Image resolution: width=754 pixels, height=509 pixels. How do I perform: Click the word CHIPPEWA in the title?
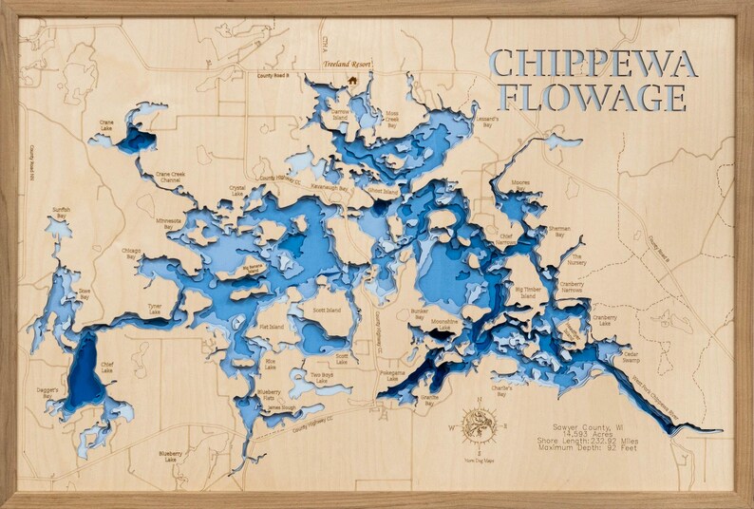(x=595, y=64)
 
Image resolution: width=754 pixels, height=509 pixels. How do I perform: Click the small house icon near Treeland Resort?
(x=353, y=81)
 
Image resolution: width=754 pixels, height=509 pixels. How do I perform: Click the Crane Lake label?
(x=107, y=123)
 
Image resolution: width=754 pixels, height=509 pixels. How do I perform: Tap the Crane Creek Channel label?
(x=175, y=177)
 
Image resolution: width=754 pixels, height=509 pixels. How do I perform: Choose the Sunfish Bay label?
(x=62, y=214)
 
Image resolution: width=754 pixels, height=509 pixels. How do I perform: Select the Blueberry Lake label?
(x=171, y=457)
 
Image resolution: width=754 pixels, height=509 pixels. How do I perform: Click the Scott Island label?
(x=327, y=311)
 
